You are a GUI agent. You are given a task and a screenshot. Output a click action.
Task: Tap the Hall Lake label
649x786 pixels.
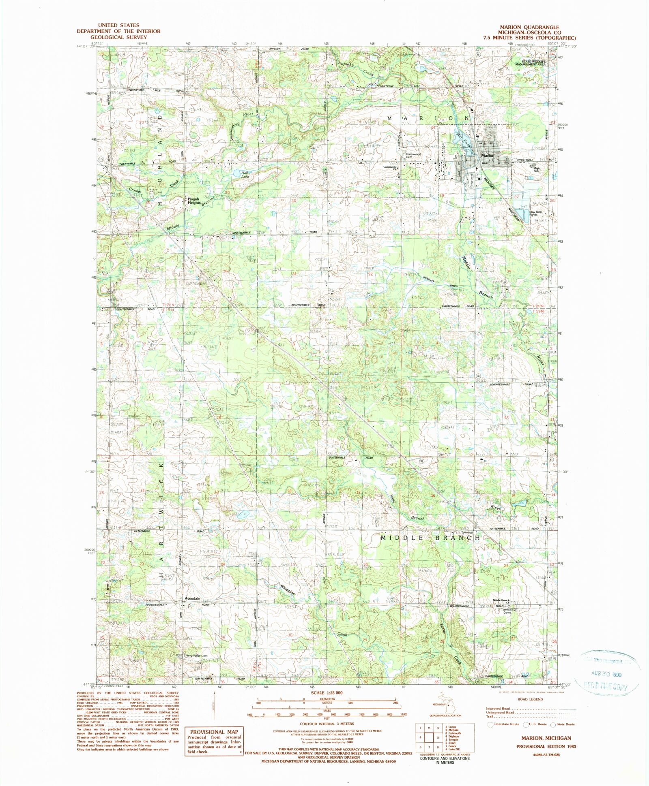[x=245, y=175]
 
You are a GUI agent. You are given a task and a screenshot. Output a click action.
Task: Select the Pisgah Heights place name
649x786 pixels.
[x=193, y=201]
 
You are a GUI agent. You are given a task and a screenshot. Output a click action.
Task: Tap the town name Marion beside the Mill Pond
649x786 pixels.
[x=488, y=156]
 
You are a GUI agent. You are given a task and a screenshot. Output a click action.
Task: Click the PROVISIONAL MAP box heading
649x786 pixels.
[x=213, y=732]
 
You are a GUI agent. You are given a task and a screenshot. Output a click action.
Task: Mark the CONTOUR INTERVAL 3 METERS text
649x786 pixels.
[x=327, y=724]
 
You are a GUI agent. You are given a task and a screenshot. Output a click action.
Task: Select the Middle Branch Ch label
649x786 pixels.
[x=501, y=600]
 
